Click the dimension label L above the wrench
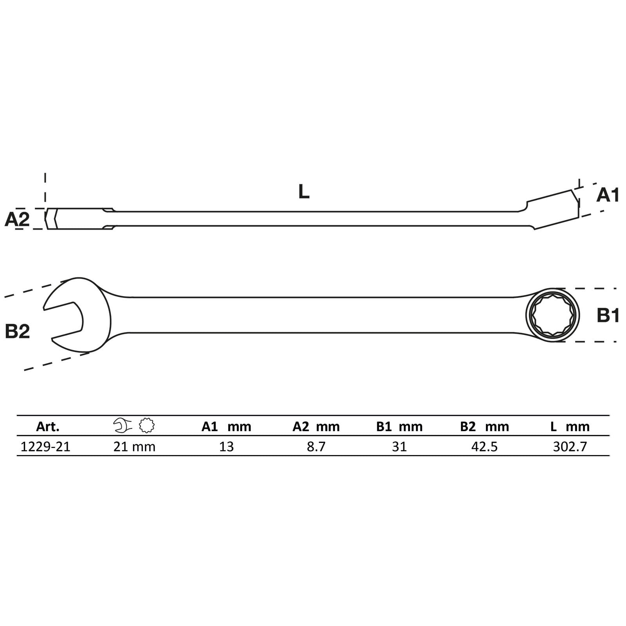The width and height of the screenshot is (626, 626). coord(304,192)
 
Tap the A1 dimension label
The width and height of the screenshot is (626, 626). coord(608,195)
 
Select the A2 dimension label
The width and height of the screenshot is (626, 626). coord(17,219)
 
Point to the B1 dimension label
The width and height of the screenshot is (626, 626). coord(608,315)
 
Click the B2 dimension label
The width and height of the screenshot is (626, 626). coord(17,331)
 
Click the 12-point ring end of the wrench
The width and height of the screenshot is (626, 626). coord(552,315)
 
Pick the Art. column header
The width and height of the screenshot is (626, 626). coord(48,426)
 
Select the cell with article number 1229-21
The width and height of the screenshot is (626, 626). coord(45,446)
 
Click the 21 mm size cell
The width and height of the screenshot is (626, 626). coord(134,446)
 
